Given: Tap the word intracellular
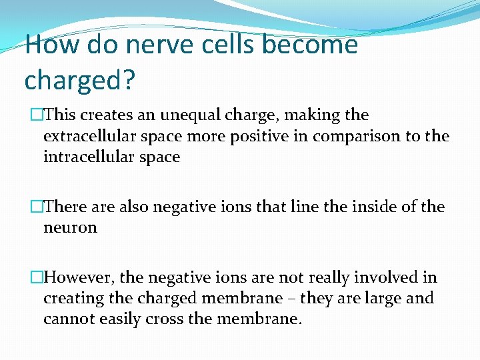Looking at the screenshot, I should (87, 157).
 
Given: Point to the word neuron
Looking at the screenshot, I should (70, 228).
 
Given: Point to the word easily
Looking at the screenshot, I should (120, 319).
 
